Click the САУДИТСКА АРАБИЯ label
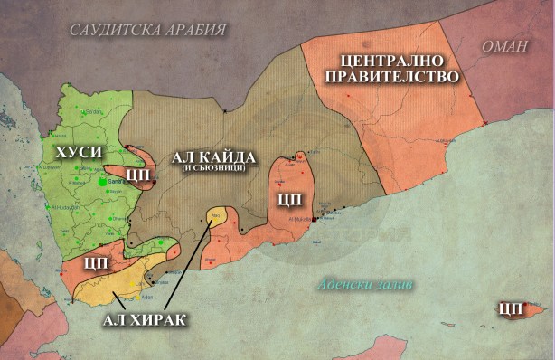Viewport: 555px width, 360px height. click(147, 30)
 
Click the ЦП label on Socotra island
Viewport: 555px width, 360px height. click(511, 309)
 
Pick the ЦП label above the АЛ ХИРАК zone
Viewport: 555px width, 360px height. click(96, 262)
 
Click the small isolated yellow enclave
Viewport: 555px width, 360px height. click(215, 216)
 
